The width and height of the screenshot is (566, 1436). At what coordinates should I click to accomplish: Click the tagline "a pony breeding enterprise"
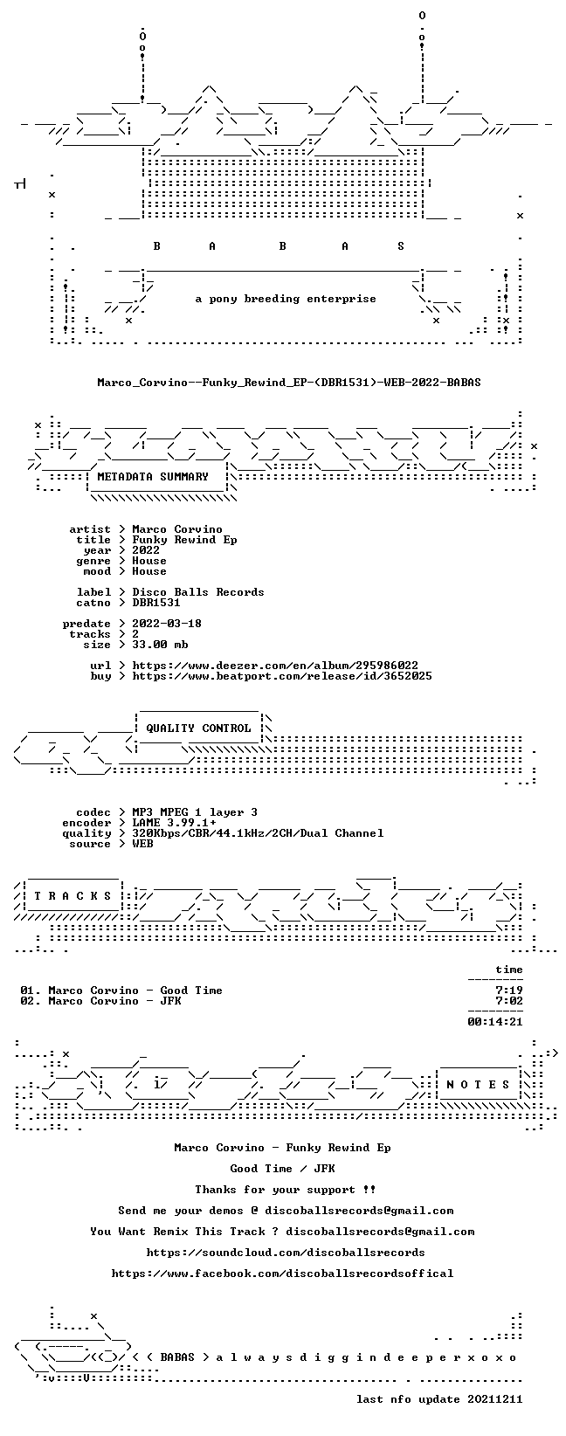(286, 299)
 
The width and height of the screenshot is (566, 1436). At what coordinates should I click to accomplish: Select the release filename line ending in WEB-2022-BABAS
(289, 382)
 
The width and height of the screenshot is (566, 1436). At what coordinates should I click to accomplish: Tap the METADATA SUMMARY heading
(153, 476)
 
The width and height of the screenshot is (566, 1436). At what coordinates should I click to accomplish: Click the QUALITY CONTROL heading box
(198, 728)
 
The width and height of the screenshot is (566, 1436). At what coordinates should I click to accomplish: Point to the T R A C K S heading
(73, 895)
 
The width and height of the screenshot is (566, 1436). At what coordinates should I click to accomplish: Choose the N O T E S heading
(478, 1084)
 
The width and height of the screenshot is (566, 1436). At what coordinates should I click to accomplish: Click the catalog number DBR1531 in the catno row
(156, 602)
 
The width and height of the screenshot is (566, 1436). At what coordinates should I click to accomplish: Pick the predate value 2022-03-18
(167, 623)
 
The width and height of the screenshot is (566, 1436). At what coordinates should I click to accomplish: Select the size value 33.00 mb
(160, 645)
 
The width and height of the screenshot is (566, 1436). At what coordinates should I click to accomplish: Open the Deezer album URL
(275, 666)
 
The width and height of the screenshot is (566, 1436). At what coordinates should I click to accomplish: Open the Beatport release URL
(282, 676)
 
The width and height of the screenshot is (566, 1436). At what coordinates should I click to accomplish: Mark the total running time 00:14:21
(495, 1021)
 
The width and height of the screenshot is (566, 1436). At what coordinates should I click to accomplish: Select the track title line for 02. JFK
(100, 1001)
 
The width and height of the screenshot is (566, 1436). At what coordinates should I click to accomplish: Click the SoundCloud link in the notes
(286, 1252)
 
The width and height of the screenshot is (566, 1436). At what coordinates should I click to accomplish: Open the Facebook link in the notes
(282, 1274)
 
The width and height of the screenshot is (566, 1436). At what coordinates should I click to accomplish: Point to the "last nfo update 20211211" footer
(439, 1398)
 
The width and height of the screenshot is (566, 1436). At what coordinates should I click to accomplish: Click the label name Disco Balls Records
(198, 591)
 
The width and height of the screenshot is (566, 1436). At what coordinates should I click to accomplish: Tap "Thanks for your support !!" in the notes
(286, 1189)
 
